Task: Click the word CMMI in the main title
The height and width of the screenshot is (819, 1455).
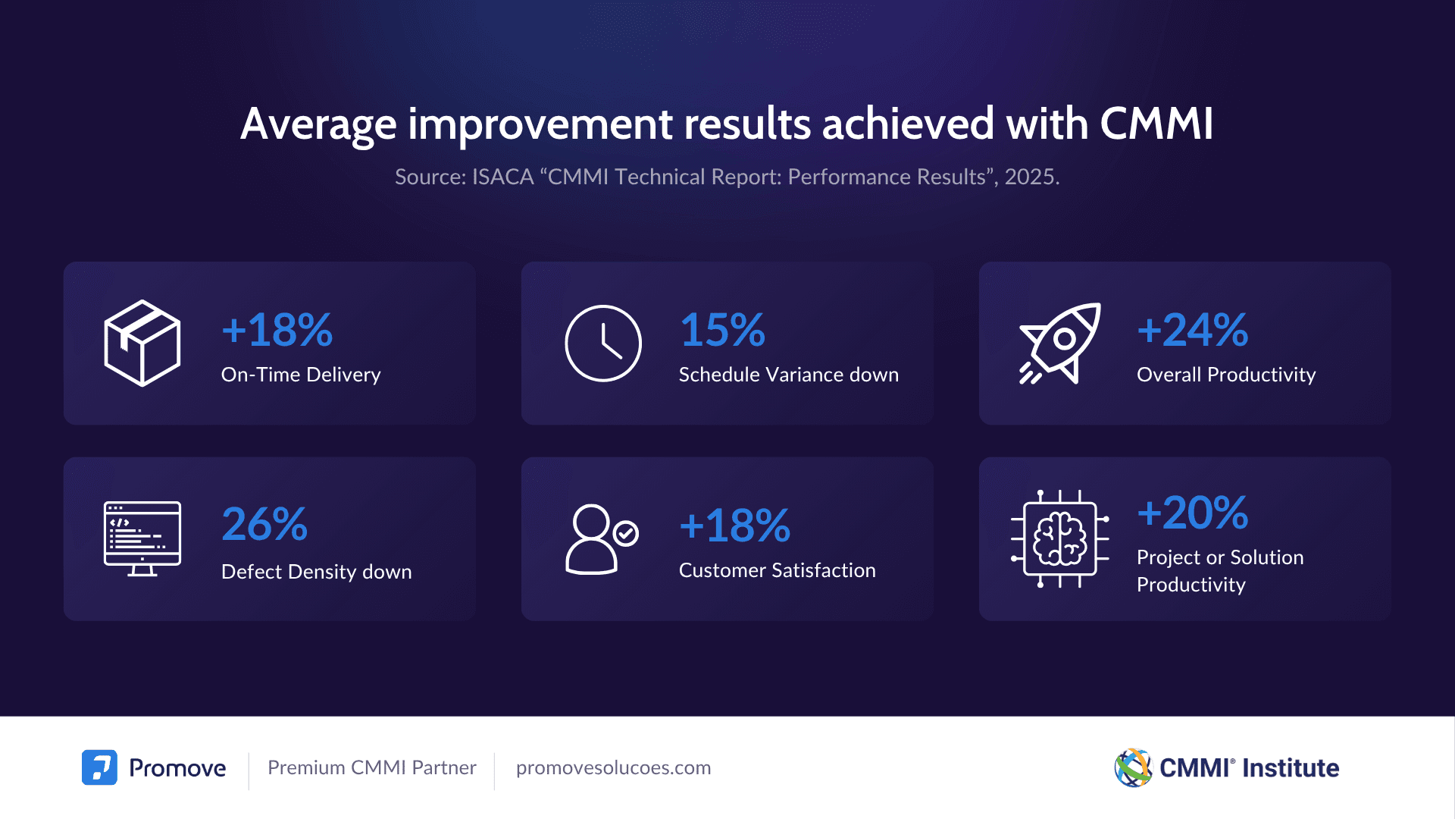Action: pyautogui.click(x=1156, y=124)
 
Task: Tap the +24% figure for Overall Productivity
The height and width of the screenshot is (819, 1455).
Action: pyautogui.click(x=1192, y=330)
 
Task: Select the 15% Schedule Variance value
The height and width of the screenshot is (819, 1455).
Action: pyautogui.click(x=722, y=330)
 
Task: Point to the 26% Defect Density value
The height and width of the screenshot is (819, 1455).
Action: pyautogui.click(x=264, y=524)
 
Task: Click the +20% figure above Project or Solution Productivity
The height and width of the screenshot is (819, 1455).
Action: pyautogui.click(x=1192, y=513)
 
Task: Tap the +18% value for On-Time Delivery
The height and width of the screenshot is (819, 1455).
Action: pyautogui.click(x=277, y=330)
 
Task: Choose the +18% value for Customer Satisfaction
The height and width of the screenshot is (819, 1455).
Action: pyautogui.click(x=734, y=526)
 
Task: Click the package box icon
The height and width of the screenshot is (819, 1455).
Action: pyautogui.click(x=142, y=343)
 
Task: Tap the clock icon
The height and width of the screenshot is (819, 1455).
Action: pyautogui.click(x=603, y=344)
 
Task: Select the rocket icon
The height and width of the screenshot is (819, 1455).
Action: pyautogui.click(x=1059, y=343)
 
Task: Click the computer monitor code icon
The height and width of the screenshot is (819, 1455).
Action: pyautogui.click(x=142, y=538)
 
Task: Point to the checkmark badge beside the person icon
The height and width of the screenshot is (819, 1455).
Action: pyautogui.click(x=626, y=533)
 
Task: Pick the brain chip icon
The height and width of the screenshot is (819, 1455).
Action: pyautogui.click(x=1059, y=538)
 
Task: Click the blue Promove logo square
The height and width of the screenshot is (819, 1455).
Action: pyautogui.click(x=99, y=767)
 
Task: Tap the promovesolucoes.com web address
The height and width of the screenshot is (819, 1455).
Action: pyautogui.click(x=613, y=767)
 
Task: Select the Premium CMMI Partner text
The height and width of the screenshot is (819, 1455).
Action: pyautogui.click(x=371, y=767)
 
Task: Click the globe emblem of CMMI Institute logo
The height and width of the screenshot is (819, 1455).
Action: pyautogui.click(x=1133, y=767)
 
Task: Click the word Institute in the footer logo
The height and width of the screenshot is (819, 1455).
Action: pyautogui.click(x=1291, y=768)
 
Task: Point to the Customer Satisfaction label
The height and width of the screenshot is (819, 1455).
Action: pyautogui.click(x=777, y=570)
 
